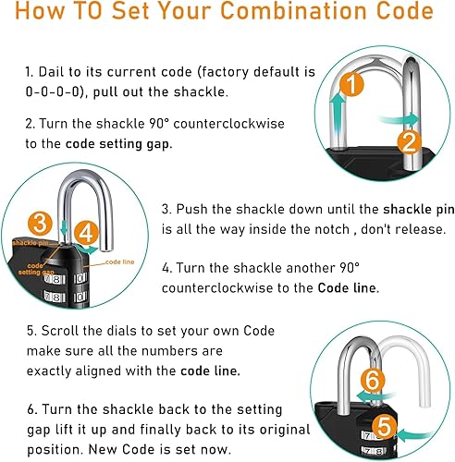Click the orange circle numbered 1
point(351,84)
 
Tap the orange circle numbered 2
point(409,142)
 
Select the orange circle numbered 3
point(40,223)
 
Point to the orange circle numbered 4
point(86,233)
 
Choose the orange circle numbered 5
point(384,428)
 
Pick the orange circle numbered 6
point(373,381)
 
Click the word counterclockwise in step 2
point(228,124)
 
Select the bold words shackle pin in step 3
point(419,210)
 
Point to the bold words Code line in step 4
point(347,288)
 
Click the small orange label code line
point(119,261)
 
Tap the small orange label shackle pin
point(31,243)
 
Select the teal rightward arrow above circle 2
point(400,119)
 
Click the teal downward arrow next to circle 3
point(64,229)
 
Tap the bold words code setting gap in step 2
point(118,144)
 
